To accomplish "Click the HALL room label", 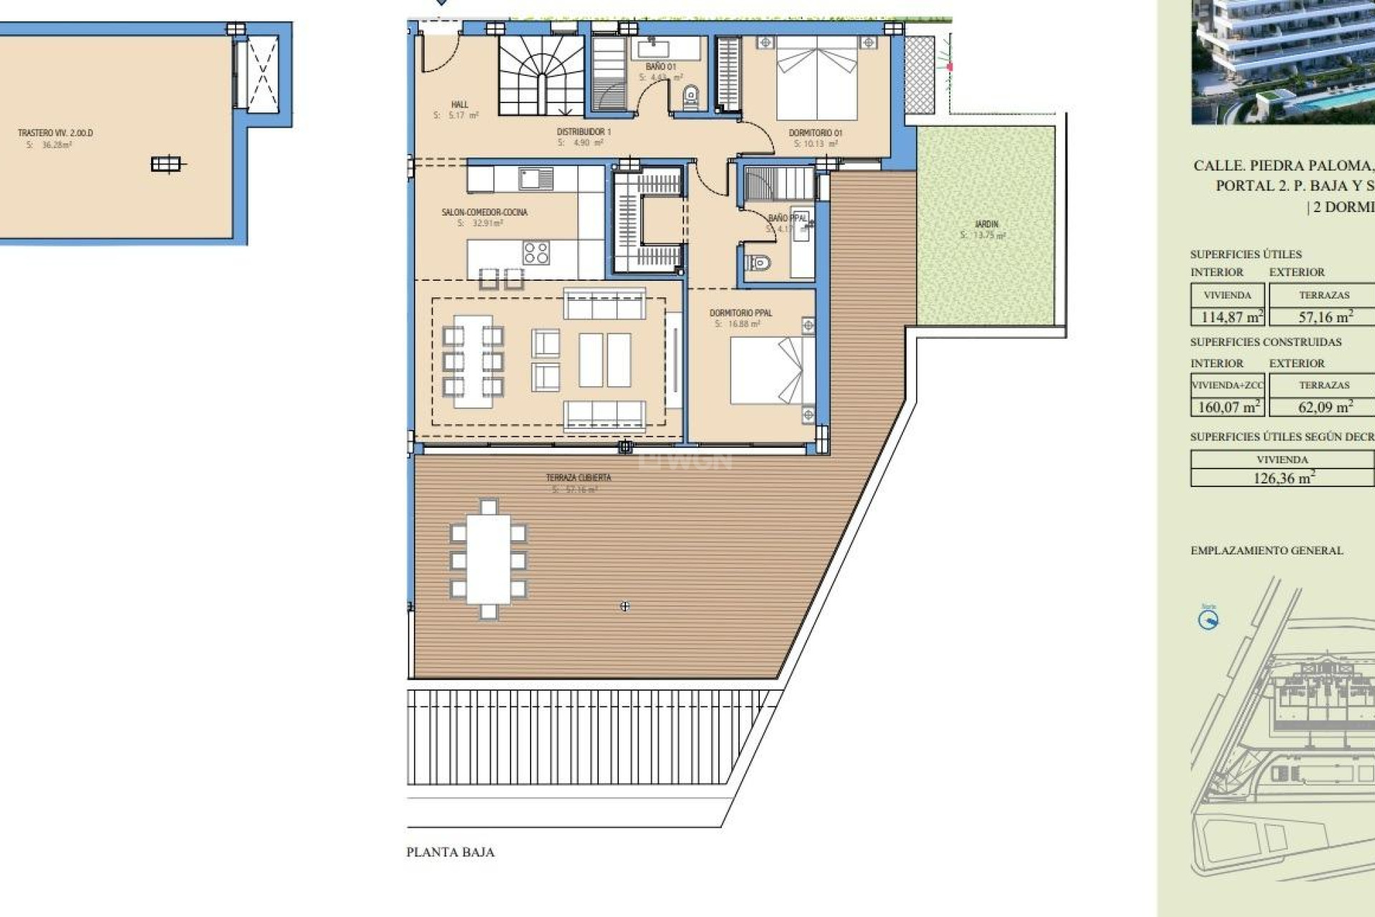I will (459, 105).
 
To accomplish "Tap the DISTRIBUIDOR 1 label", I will (584, 132).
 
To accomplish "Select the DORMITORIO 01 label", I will (815, 133).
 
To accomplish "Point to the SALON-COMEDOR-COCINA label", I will (484, 212).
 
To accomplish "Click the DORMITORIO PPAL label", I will (740, 313).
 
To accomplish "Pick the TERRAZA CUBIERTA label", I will (579, 478).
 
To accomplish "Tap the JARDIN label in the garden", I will (986, 224).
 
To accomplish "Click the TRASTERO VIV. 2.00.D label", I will (55, 133).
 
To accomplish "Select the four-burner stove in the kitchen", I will (536, 253).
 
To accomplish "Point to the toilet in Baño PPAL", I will (758, 264).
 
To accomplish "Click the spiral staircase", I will (542, 75).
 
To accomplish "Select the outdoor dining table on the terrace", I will (488, 559).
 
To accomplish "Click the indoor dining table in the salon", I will (473, 362).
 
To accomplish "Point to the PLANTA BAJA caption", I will (450, 852).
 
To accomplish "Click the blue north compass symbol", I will (1208, 620).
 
